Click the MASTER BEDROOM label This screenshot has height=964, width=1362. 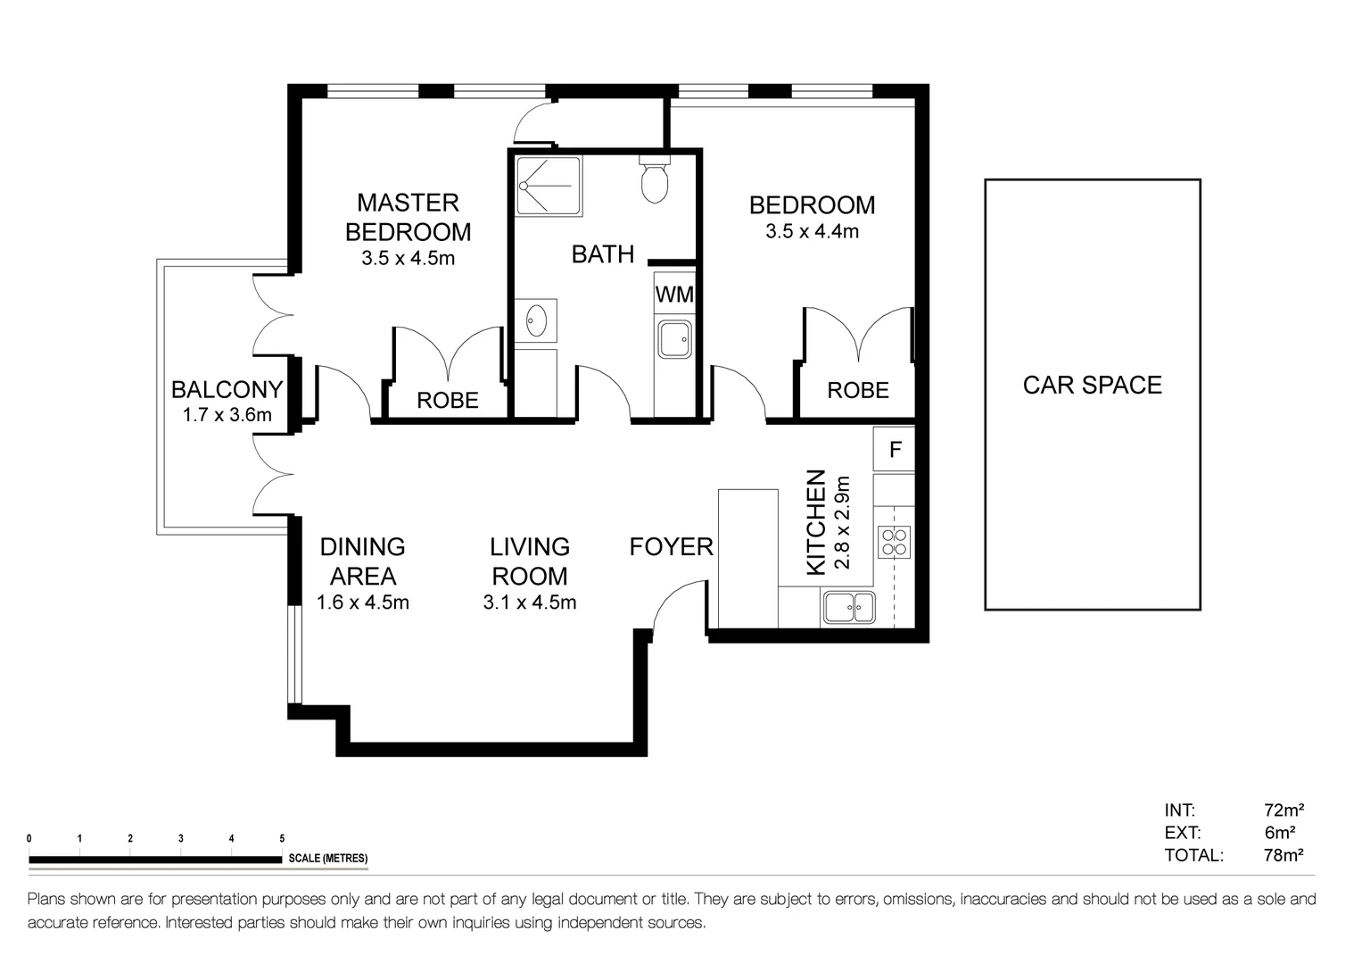(408, 217)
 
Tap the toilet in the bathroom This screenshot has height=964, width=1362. (655, 179)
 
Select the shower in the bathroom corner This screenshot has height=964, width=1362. (549, 186)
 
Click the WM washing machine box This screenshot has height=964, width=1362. (673, 295)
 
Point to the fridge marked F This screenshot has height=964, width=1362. (895, 449)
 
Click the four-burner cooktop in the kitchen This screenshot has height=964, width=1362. (894, 541)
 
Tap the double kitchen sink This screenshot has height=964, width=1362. (849, 607)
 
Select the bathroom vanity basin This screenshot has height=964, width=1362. (536, 320)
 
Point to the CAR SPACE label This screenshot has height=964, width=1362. (1092, 385)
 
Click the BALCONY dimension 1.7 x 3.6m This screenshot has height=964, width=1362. (227, 414)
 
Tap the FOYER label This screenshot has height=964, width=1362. (671, 546)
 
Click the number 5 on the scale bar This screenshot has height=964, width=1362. (282, 839)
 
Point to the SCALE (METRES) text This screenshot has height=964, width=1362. (327, 859)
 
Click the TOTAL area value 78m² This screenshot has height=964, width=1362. (1284, 855)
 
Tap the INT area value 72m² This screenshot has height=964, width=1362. (1284, 810)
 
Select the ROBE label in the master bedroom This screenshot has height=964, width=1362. (448, 401)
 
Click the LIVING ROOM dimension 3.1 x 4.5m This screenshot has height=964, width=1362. (529, 602)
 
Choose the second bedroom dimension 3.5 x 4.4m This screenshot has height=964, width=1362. (812, 231)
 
